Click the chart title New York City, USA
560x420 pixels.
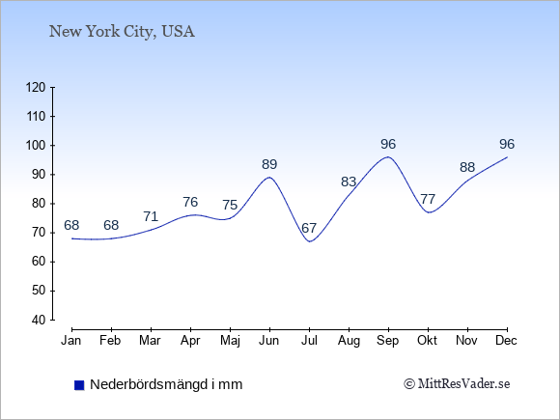coord(122,32)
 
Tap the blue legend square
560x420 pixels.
coord(79,385)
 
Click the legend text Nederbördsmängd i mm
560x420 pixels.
coord(166,384)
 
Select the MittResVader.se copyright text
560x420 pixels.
coord(457,384)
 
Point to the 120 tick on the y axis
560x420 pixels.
coord(36,88)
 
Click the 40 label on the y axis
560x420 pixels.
coord(39,320)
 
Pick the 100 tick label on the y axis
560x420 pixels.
coord(36,146)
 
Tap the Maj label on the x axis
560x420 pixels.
coord(230,341)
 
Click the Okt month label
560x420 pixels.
coord(427,341)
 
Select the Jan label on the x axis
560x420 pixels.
coord(71,341)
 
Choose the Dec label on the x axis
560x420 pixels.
coord(506,341)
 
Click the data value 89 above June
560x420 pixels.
coord(269,165)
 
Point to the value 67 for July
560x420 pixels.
coord(309,228)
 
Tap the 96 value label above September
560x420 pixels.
coord(388,144)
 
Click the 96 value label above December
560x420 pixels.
coord(507,144)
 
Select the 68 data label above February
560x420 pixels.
coord(111,225)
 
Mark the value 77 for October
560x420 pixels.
coord(428,199)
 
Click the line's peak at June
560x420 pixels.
coord(269,177)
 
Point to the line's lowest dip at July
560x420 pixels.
coord(309,241)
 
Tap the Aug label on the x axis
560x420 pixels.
coord(349,341)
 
